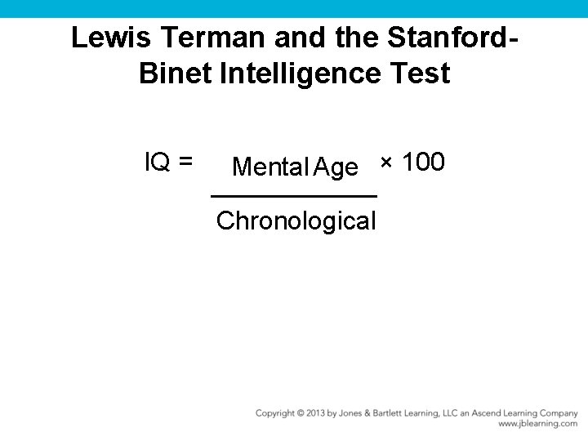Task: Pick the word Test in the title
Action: click(421, 73)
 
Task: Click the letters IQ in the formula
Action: click(157, 163)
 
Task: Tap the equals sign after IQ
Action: click(185, 163)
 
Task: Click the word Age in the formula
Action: click(336, 168)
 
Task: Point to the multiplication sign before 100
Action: click(386, 163)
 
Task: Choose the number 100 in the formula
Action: click(424, 163)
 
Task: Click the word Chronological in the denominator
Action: click(296, 220)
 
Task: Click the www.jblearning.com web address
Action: click(537, 424)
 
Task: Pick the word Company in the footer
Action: click(558, 413)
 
